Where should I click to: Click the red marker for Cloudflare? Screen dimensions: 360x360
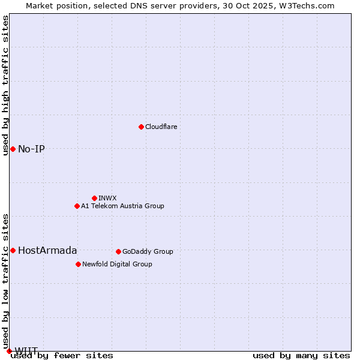coord(141,127)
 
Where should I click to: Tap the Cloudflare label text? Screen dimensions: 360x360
coord(161,127)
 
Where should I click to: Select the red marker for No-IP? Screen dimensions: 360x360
coord(13,149)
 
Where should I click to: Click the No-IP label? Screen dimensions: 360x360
coord(31,149)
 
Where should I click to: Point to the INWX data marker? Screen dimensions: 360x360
coord(94,198)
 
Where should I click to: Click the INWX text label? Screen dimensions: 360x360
coord(107,198)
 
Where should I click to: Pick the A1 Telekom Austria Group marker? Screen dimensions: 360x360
coord(77,206)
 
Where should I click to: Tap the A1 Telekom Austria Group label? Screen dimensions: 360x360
coord(122,206)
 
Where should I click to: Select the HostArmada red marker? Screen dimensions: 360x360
coord(13,250)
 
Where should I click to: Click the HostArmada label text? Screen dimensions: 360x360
coord(47,250)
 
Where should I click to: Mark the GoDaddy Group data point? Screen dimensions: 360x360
coord(118,251)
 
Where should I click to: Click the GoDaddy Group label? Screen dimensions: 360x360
coord(148,251)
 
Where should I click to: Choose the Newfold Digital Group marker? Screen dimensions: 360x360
coord(78,264)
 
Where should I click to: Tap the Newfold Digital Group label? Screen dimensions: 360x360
coord(117,264)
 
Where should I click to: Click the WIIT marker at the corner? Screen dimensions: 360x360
coord(9,351)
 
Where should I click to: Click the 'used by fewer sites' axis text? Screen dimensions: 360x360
coord(62,356)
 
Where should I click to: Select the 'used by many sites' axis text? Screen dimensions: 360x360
coord(301,356)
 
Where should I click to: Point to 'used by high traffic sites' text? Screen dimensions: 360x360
coord(5,85)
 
